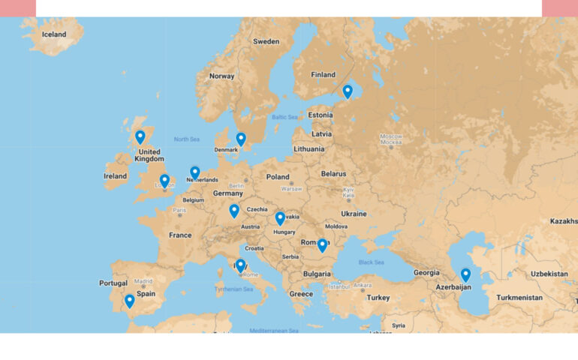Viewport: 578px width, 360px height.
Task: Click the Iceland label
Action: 54,34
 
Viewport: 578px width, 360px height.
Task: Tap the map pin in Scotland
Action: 140,136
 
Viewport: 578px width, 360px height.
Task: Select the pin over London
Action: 164,181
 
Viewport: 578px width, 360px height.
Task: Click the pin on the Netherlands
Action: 195,172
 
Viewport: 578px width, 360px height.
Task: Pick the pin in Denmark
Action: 241,139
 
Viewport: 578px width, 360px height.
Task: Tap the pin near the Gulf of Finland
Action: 348,91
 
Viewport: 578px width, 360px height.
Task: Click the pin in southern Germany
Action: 234,210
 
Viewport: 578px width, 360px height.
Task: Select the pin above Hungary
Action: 280,217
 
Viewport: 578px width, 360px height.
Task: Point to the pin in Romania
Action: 322,244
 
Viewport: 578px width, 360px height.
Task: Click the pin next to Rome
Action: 240,265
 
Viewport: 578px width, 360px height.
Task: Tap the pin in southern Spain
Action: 130,301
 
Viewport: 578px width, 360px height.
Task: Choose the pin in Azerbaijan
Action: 465,274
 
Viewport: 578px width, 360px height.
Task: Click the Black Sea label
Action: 371,262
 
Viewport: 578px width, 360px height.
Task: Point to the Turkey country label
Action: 378,298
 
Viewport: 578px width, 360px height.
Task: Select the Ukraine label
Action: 354,214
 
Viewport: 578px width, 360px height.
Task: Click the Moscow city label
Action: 390,136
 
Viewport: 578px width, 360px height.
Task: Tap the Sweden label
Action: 266,42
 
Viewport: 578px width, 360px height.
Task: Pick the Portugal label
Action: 113,283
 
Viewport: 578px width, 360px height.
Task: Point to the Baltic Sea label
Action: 285,117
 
